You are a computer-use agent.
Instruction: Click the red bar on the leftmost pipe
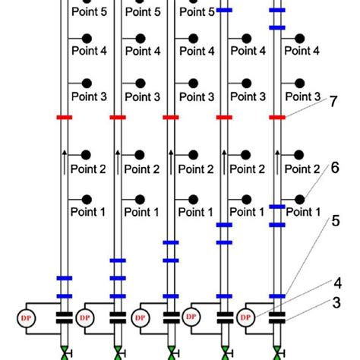point(64,118)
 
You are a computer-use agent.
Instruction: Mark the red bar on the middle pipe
point(171,118)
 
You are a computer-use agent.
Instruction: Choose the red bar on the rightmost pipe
point(278,118)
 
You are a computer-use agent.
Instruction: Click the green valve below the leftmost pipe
point(64,354)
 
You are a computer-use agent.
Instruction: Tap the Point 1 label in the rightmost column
point(302,212)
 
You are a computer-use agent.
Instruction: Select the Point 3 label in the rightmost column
point(302,96)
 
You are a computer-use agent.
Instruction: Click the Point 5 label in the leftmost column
point(88,13)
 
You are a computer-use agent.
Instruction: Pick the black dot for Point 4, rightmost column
point(301,37)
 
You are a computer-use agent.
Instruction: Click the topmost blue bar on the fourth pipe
point(224,11)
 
